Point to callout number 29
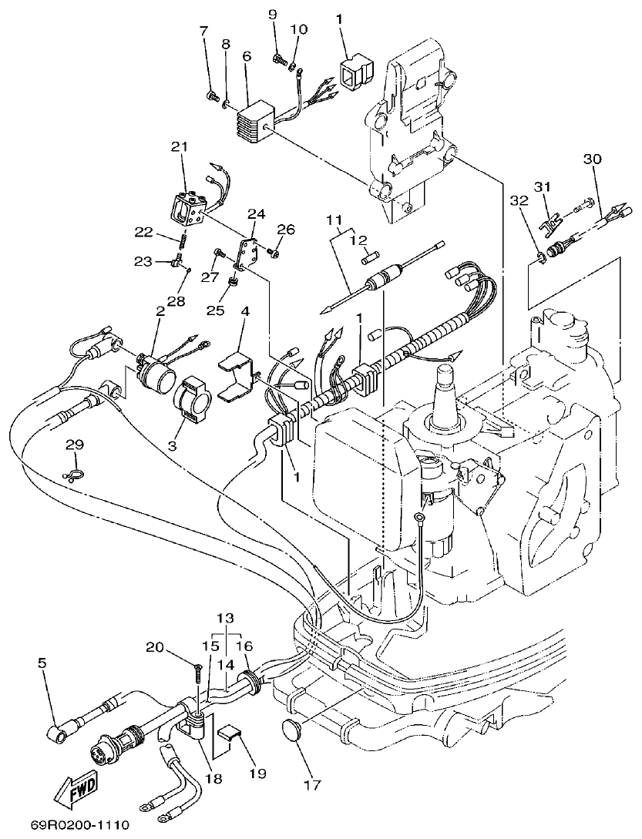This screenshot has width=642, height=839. click(x=74, y=445)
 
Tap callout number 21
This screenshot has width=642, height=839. click(x=179, y=146)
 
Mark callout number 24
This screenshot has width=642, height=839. click(x=255, y=213)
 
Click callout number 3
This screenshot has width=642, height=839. click(x=171, y=445)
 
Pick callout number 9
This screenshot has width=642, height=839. click(x=272, y=15)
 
